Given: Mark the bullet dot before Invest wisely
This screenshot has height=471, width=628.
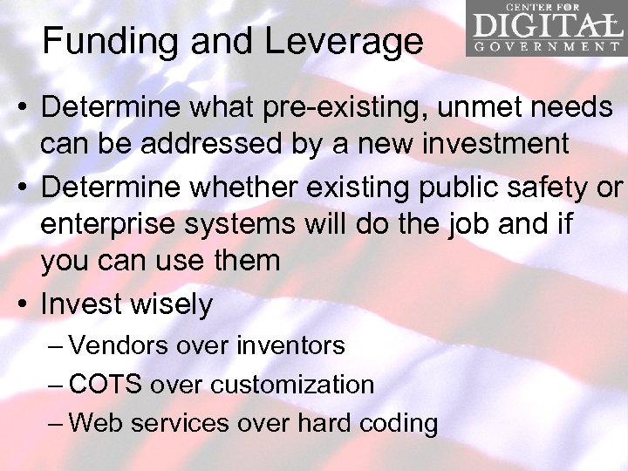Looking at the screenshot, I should pyautogui.click(x=24, y=304).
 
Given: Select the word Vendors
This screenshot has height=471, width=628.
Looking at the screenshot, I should pyautogui.click(x=119, y=345).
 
